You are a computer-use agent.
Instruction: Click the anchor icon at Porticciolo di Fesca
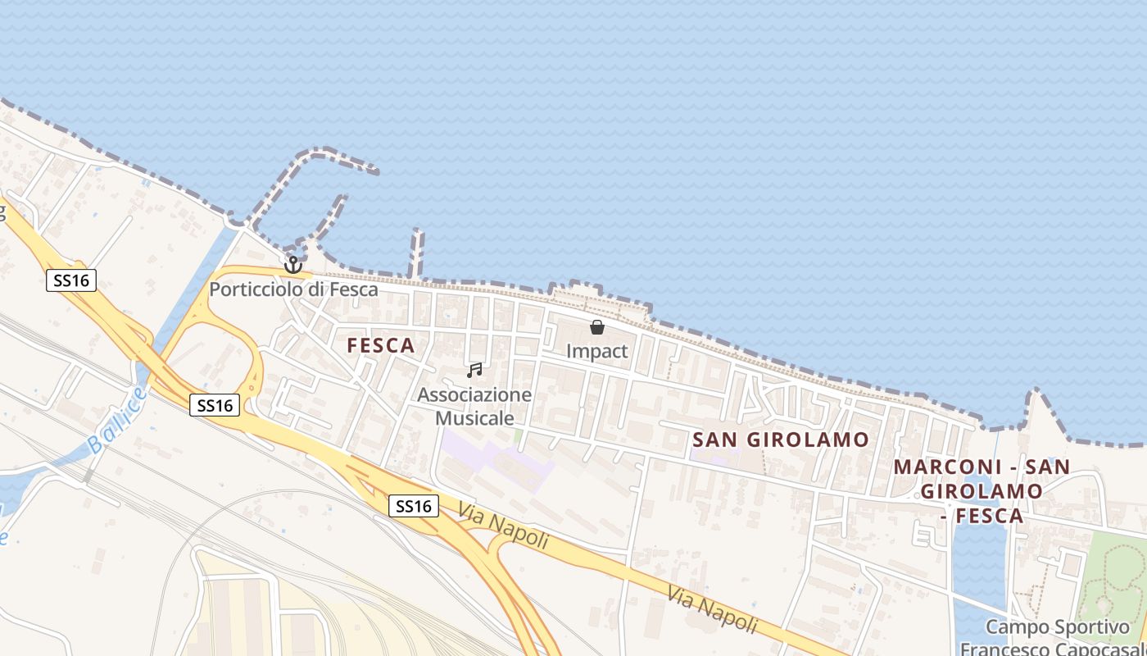293,265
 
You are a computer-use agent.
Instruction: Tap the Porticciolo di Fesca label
293,289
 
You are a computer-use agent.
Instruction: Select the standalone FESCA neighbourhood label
381,345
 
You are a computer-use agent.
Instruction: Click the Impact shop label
597,351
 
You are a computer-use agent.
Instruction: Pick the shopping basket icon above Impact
597,327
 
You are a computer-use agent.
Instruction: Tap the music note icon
474,371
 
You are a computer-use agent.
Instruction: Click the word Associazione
474,395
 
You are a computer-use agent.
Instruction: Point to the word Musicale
474,418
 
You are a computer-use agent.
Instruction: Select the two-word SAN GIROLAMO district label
780,440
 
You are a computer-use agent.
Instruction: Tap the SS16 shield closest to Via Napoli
414,506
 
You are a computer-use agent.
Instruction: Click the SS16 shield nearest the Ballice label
215,405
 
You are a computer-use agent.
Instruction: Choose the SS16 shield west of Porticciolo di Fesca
71,280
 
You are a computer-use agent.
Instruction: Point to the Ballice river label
119,420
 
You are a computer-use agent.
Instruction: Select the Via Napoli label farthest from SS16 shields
711,609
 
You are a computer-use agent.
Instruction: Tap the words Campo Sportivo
1057,627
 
